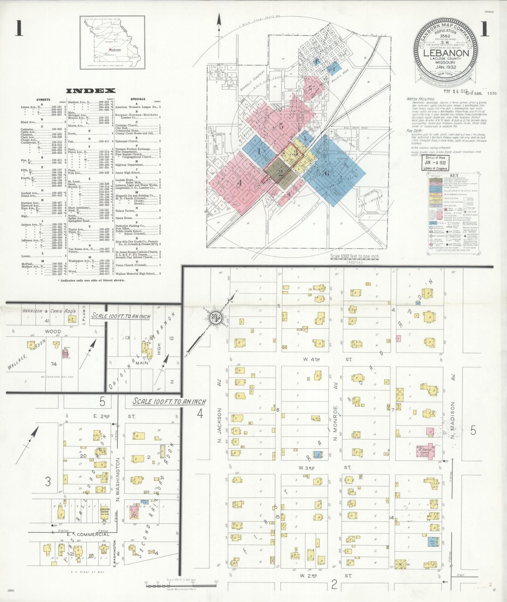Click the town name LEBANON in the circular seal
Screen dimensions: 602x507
click(446, 53)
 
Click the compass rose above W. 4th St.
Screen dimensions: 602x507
click(214, 317)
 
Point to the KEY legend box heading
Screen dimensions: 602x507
click(454, 176)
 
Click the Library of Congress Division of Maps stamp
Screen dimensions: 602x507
click(435, 163)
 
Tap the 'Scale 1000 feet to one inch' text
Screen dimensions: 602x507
click(354, 257)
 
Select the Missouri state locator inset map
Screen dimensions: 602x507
click(112, 42)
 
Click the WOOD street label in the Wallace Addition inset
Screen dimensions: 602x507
click(53, 331)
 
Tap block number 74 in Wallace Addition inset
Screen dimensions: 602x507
click(53, 364)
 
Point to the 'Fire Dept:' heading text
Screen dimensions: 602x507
click(414, 130)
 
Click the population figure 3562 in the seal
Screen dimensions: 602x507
click(445, 36)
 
